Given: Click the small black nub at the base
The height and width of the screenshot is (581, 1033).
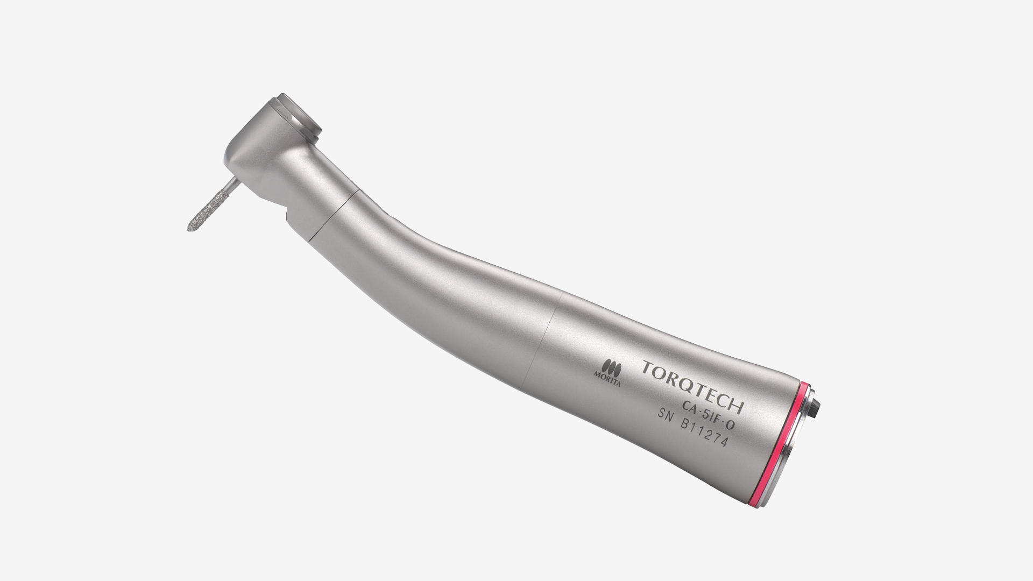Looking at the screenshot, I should [818, 403].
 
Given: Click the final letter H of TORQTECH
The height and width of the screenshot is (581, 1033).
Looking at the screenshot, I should [737, 405].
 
